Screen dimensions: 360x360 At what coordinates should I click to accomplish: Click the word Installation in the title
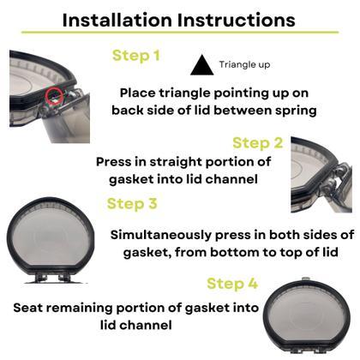click(117, 20)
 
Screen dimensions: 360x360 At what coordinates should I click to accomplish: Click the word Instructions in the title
click(237, 20)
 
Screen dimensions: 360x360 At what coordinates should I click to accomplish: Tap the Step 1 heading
click(136, 56)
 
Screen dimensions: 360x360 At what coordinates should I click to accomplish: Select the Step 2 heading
click(258, 143)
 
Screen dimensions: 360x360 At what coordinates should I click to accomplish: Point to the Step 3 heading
click(132, 204)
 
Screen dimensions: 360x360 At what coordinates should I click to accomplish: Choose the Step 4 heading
click(232, 284)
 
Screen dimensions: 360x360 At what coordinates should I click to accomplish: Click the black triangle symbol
click(202, 65)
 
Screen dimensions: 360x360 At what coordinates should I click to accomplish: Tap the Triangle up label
click(244, 65)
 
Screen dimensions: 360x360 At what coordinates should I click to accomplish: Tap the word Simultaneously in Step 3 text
click(161, 235)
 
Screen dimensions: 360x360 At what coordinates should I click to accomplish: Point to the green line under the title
click(180, 32)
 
